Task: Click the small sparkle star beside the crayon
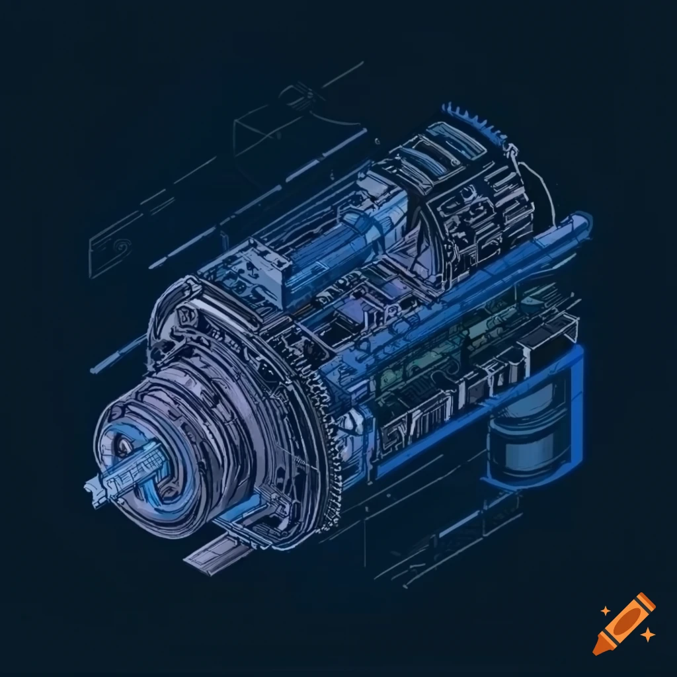pyautogui.click(x=649, y=635)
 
